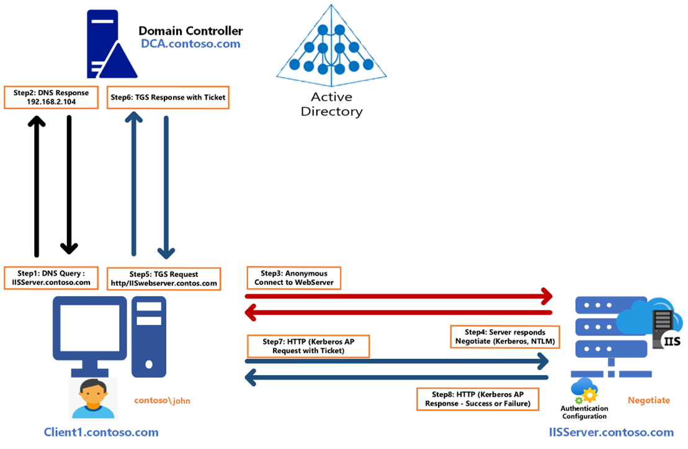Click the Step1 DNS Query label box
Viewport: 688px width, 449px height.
click(51, 278)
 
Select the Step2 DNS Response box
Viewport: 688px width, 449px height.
click(51, 97)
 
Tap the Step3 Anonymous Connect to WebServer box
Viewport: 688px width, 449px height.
click(294, 278)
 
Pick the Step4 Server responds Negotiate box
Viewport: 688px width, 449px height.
click(505, 336)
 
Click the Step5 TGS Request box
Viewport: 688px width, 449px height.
click(164, 278)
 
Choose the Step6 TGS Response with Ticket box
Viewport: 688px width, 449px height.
click(168, 97)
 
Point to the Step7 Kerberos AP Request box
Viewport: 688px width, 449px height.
click(308, 346)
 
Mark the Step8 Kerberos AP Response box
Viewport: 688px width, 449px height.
click(477, 399)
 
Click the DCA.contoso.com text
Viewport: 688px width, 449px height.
click(190, 44)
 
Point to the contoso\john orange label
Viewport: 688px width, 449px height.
click(163, 401)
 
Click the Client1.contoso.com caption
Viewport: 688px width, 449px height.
click(101, 432)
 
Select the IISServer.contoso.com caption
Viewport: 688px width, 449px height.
click(611, 432)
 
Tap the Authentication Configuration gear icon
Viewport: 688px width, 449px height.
click(585, 391)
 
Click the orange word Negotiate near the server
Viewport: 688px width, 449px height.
click(649, 401)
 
